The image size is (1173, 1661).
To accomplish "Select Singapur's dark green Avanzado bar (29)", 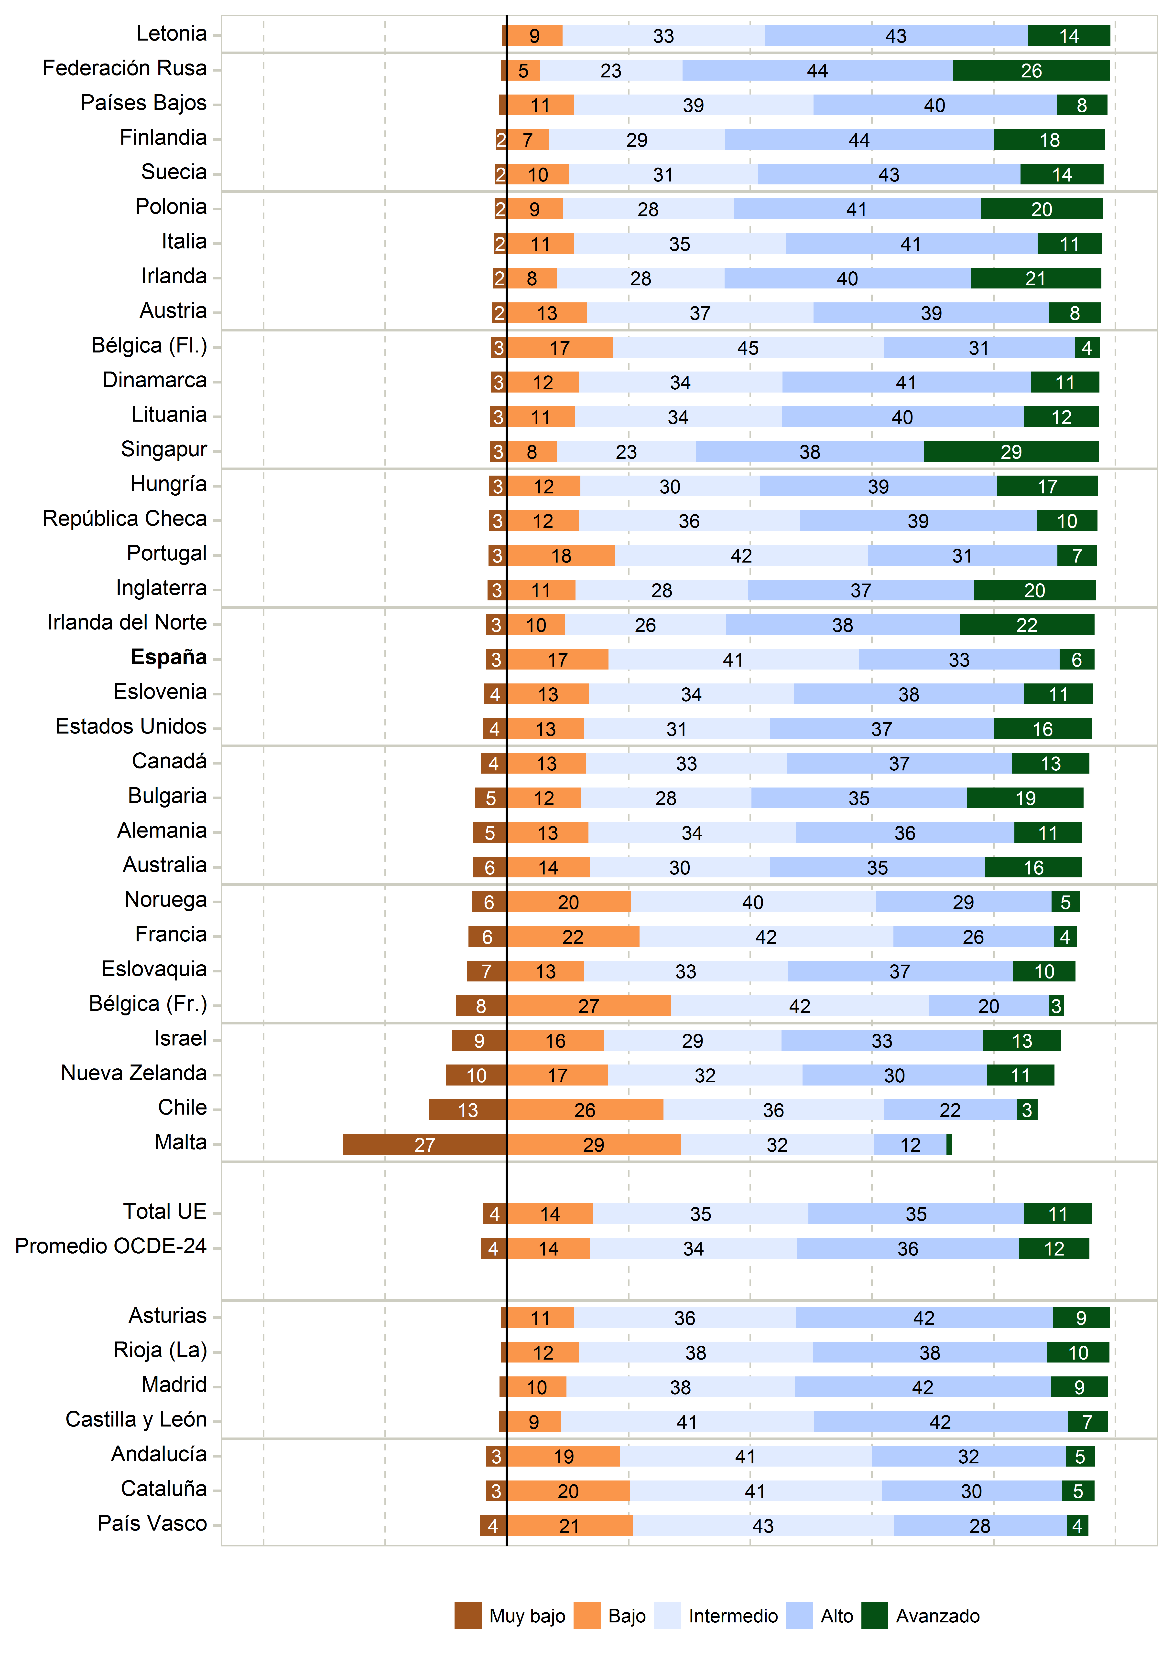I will click(x=1011, y=451).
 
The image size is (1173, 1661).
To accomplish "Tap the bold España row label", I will click(x=169, y=657).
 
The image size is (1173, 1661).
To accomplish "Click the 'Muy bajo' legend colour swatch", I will click(x=467, y=1615).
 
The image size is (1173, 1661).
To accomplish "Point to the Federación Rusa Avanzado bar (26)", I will click(x=1031, y=70).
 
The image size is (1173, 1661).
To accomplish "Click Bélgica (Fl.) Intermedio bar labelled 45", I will click(x=748, y=348).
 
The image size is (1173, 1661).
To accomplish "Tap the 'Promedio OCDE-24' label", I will click(x=111, y=1246).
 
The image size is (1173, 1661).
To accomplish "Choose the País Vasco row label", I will click(x=152, y=1523).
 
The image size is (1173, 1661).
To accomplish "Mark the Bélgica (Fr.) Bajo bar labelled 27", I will click(x=588, y=1006).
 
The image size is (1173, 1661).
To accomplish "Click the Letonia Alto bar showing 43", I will click(x=896, y=35).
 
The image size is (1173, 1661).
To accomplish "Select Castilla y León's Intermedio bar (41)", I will click(x=687, y=1422).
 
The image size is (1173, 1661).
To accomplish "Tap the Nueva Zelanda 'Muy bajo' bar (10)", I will click(x=476, y=1075).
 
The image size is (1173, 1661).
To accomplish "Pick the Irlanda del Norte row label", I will click(x=127, y=622).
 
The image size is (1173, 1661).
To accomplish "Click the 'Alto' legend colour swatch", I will click(x=799, y=1615).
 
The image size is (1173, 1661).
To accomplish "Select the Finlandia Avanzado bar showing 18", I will click(x=1049, y=140).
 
